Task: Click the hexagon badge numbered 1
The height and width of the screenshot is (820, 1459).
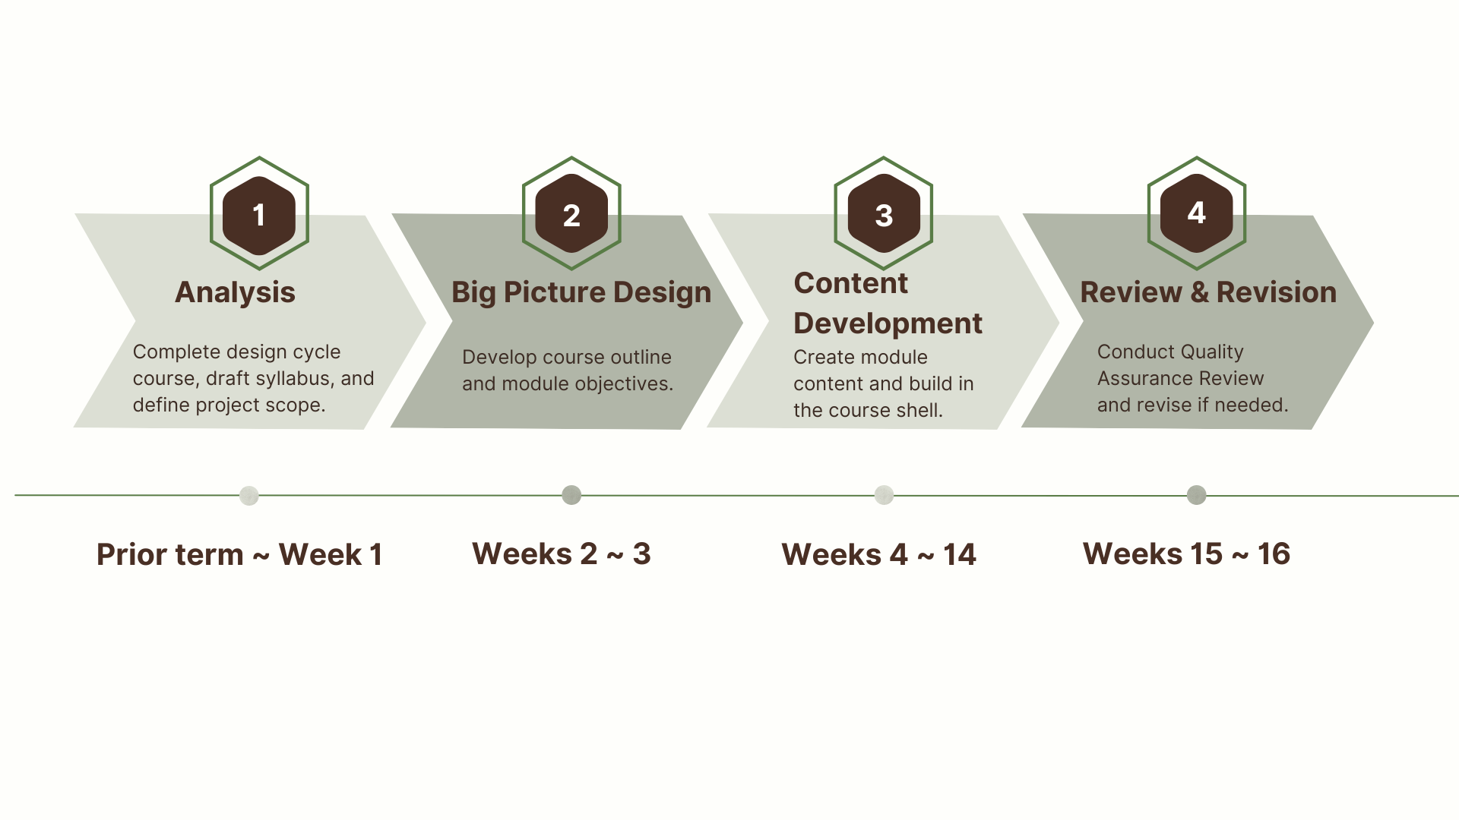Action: (259, 214)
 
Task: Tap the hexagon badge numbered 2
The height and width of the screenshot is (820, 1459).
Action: (571, 214)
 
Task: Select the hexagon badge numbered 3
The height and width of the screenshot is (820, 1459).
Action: (884, 214)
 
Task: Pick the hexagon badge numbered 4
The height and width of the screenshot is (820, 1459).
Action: (1196, 213)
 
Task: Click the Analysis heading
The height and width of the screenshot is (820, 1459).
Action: (235, 292)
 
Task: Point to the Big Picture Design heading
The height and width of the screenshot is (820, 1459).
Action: (581, 292)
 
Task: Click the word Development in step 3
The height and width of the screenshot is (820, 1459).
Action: (888, 323)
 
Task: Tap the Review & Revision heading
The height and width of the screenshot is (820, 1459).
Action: (1208, 292)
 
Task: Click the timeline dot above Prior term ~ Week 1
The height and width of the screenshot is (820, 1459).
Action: (249, 496)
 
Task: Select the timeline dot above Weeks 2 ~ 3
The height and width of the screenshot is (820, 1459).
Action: (571, 495)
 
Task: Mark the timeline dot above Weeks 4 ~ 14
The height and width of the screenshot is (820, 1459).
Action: (884, 495)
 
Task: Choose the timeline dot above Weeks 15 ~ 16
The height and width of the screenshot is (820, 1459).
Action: (1196, 495)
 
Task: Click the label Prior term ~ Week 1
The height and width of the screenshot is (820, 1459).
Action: (239, 554)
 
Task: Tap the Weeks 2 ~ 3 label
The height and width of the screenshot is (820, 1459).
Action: (562, 553)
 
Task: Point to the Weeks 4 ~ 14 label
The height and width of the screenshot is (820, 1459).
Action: (878, 554)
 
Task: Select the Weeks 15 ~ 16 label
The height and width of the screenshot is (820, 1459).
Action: (1186, 553)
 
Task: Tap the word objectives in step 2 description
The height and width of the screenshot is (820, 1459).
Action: (628, 384)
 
